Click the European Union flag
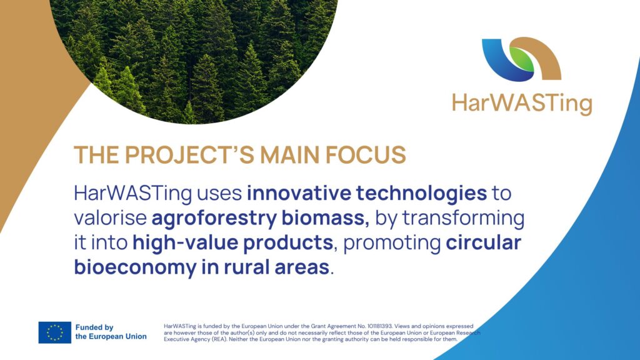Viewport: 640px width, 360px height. [x=55, y=332]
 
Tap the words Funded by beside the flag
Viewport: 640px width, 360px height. [x=94, y=327]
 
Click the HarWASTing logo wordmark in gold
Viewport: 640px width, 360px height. [x=522, y=103]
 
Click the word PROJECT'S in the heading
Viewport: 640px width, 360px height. [x=190, y=155]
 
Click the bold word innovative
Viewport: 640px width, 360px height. [x=299, y=193]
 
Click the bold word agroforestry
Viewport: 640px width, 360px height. [x=214, y=218]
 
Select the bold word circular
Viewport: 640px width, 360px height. [x=483, y=243]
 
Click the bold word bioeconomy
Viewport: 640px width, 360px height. [x=135, y=267]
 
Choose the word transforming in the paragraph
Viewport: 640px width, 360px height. [x=464, y=218]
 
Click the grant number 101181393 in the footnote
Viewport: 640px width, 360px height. [x=379, y=326]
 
